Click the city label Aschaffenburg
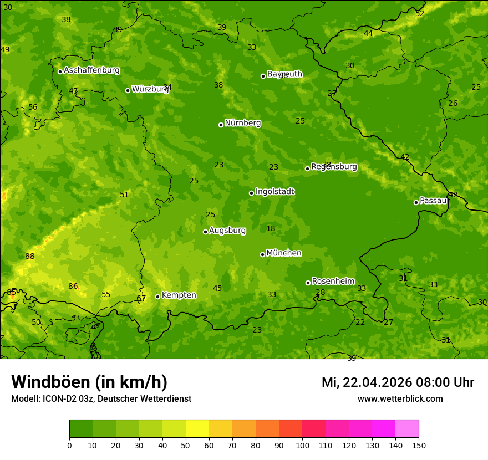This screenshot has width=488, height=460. pyautogui.click(x=91, y=70)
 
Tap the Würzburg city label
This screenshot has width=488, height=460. pyautogui.click(x=150, y=89)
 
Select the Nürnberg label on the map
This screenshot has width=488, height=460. pyautogui.click(x=242, y=123)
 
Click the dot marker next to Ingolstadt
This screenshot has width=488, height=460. pyautogui.click(x=251, y=193)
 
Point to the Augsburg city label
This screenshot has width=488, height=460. pyautogui.click(x=227, y=231)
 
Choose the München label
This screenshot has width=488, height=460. pyautogui.click(x=283, y=253)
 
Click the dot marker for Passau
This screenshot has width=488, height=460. pyautogui.click(x=416, y=202)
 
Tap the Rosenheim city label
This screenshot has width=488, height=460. pyautogui.click(x=333, y=282)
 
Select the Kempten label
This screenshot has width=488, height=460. pyautogui.click(x=179, y=295)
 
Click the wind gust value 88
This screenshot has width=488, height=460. pyautogui.click(x=30, y=256)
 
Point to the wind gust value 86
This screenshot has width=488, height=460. pyautogui.click(x=73, y=286)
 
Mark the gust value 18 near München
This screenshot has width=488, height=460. pyautogui.click(x=271, y=228)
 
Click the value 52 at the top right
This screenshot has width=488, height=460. pyautogui.click(x=420, y=13)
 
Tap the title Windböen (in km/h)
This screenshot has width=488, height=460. pyautogui.click(x=89, y=382)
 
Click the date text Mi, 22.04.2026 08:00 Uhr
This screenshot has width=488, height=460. pyautogui.click(x=398, y=382)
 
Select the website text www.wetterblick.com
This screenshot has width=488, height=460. pyautogui.click(x=400, y=399)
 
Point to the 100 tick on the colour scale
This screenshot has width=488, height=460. pyautogui.click(x=302, y=445)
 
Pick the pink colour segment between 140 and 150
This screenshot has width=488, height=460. pyautogui.click(x=407, y=429)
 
